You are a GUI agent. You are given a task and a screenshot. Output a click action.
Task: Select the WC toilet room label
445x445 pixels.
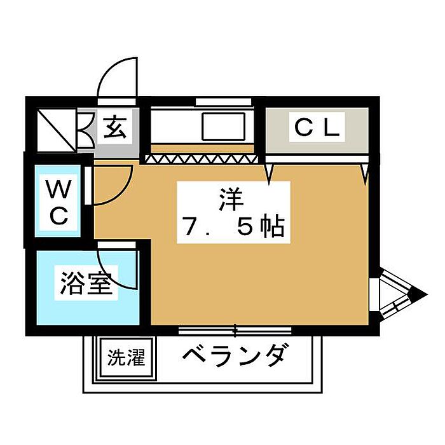58,202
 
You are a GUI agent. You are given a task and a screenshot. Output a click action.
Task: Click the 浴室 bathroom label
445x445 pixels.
85,283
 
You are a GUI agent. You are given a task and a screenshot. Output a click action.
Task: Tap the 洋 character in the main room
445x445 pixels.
231,200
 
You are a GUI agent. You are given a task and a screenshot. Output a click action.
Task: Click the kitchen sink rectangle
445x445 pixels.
223,127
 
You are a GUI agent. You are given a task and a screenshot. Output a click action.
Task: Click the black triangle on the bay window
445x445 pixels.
418,295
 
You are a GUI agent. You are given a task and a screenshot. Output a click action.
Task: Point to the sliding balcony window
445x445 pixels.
235,331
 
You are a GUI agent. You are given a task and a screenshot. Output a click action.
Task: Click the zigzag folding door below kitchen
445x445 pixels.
202,159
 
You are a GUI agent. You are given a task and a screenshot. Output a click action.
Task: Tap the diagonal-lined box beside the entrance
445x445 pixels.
57,130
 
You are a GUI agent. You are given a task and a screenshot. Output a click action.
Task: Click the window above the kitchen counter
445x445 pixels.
223,102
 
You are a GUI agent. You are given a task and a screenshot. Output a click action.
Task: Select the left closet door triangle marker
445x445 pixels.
269,172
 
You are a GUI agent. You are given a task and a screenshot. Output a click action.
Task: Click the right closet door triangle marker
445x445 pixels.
366,172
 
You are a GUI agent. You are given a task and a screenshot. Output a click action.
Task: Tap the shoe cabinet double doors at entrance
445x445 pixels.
86,130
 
